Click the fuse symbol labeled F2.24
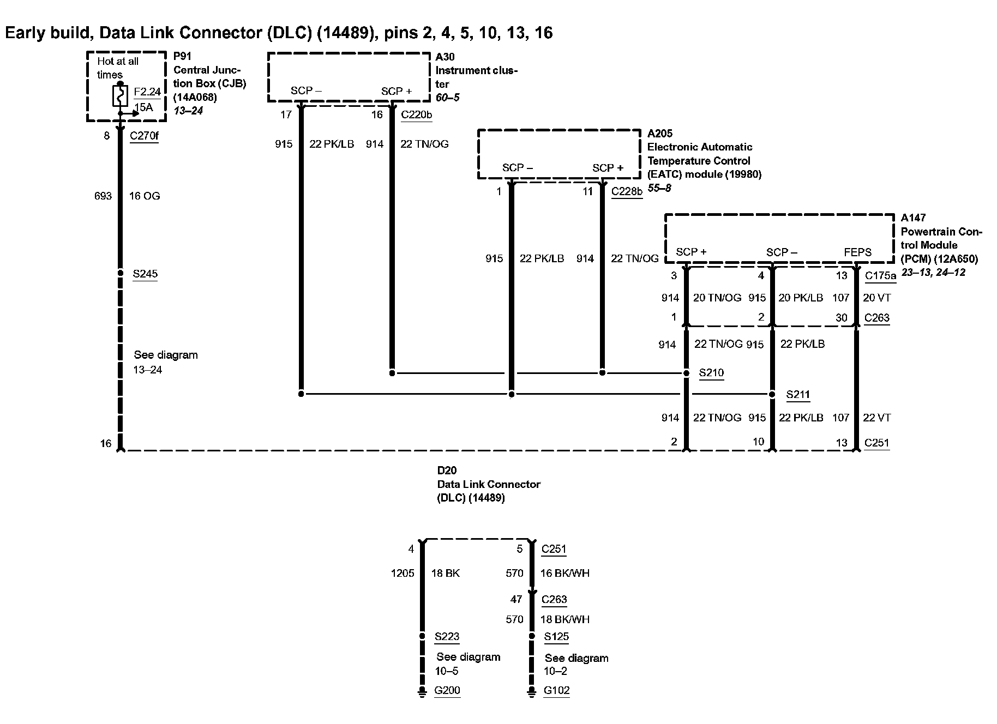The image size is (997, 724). click(x=120, y=96)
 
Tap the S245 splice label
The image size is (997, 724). click(x=145, y=274)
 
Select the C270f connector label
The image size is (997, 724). click(x=144, y=136)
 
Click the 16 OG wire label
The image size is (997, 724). click(x=145, y=196)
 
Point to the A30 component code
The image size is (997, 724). click(x=445, y=57)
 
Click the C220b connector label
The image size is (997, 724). click(x=416, y=114)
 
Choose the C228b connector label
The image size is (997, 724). click(x=627, y=191)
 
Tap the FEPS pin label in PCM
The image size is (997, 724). click(x=857, y=252)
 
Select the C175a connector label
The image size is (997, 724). click(x=880, y=276)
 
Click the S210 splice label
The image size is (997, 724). click(x=711, y=373)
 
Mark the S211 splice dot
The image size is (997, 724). click(x=772, y=394)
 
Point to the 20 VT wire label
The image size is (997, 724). click(x=876, y=298)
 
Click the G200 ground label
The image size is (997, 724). click(x=447, y=691)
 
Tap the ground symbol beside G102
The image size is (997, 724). click(x=532, y=692)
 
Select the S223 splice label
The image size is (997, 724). click(x=447, y=636)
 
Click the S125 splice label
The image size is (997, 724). click(x=556, y=636)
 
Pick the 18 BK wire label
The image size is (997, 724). click(x=446, y=573)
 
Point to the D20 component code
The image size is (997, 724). click(x=447, y=470)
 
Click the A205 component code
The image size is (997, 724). click(x=660, y=134)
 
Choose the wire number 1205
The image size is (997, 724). click(x=403, y=573)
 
